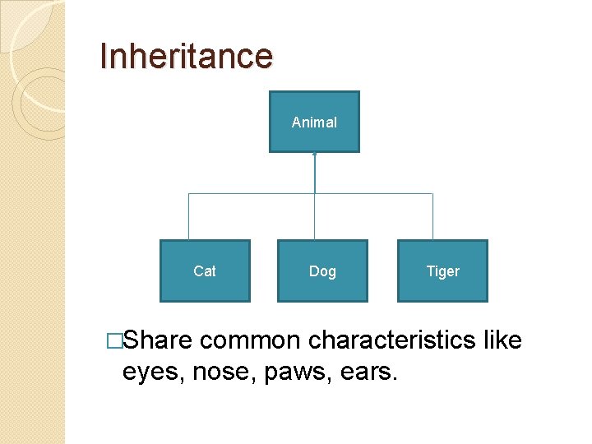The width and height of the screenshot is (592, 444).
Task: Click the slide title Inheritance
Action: pyautogui.click(x=186, y=56)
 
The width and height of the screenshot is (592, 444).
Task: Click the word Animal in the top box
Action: pyautogui.click(x=314, y=123)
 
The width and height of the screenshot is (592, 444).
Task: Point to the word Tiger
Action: pyautogui.click(x=442, y=271)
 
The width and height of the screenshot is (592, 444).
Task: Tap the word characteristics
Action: pyautogui.click(x=391, y=340)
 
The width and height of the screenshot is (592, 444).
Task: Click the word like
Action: pyautogui.click(x=502, y=340)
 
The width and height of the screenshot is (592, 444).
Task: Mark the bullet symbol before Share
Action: pyautogui.click(x=114, y=340)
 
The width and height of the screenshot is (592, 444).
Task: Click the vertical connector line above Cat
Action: pyautogui.click(x=189, y=217)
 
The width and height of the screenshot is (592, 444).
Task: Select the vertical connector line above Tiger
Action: pyautogui.click(x=432, y=217)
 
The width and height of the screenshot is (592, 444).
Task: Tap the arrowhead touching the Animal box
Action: pyautogui.click(x=314, y=155)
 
